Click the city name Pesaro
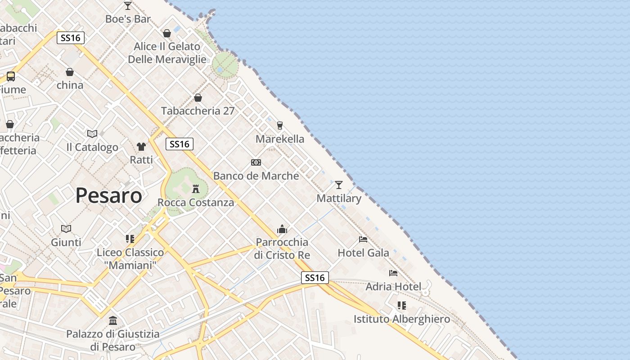coord(108,195)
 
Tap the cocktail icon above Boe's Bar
coord(128,6)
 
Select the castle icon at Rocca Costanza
coord(196,189)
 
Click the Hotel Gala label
coord(363,253)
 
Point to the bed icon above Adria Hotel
coord(393,273)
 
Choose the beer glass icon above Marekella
coord(280,125)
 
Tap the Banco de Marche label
coord(256,176)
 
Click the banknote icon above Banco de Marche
coord(256,162)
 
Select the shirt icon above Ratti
coord(141,146)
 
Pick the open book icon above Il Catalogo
coord(92,134)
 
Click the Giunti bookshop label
coord(66,243)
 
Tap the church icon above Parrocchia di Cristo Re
coord(282,229)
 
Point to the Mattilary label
coord(339,198)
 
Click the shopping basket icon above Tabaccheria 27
coord(198,98)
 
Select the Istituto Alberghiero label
coord(401,319)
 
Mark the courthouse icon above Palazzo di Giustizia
coord(113,321)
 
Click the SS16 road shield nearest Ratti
coord(180,144)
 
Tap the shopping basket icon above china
coord(70,72)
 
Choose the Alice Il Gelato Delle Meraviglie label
coord(167,53)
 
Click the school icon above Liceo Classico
coord(130,238)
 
